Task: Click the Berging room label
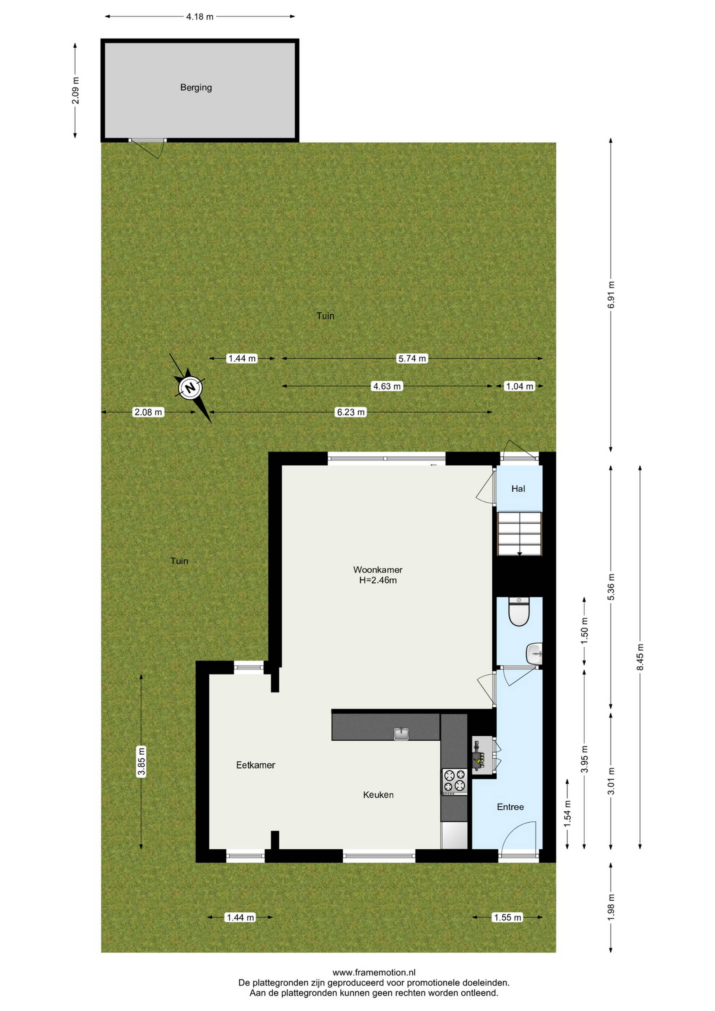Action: pos(196,88)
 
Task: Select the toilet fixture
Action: pos(519,612)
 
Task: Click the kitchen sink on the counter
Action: pos(401,733)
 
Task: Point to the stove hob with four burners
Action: pos(454,782)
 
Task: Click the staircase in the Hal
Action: pos(519,534)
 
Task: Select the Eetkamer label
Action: pos(255,765)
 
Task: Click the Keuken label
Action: pos(378,795)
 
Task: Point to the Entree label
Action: pos(510,807)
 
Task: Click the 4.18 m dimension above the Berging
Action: pos(200,17)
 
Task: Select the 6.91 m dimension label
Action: pos(611,295)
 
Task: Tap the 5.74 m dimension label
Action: pos(412,358)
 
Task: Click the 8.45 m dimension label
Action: pos(640,657)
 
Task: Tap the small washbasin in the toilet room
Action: pos(534,653)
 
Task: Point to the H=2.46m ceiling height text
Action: pos(378,580)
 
